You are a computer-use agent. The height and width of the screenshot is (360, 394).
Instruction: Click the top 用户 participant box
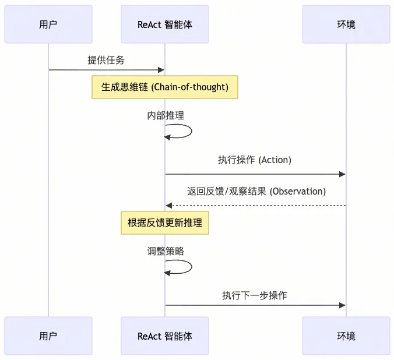coord(48,24)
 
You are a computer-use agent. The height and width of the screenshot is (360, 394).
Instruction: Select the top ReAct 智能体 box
coord(165,24)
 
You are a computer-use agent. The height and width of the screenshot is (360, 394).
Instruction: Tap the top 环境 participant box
coord(346,24)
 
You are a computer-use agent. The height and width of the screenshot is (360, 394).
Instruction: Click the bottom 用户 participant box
coord(48,336)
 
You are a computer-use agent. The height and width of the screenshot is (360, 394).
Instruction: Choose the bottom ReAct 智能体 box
coord(165,336)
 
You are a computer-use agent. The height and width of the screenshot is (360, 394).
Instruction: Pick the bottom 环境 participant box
coord(346,336)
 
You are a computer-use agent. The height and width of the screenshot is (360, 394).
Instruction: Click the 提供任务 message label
coord(106,60)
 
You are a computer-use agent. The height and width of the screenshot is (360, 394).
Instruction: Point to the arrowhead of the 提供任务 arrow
coord(161,70)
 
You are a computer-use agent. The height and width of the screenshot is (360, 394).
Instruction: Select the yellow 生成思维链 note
coord(165,87)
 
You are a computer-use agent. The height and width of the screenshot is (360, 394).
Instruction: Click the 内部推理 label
coord(166,115)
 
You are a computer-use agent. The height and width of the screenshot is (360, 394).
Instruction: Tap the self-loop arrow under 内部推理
coord(192,131)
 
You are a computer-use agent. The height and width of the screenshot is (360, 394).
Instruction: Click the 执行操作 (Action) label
coord(255,160)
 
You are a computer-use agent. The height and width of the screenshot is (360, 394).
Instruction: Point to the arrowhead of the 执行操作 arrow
coord(342,174)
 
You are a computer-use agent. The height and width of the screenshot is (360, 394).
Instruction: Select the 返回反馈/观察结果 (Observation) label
coord(256,191)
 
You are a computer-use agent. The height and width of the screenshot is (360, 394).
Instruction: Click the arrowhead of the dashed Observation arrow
coord(169,206)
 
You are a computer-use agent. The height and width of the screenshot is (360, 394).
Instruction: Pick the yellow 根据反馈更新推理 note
coord(165,223)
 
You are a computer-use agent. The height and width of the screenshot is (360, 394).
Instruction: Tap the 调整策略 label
coord(166,251)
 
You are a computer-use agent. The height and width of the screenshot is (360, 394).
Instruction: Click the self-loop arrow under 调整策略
coord(192,267)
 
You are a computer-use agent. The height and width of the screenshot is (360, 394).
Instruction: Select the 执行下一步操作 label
coord(255,295)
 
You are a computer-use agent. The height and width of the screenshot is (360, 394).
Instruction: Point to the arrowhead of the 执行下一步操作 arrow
coord(342,305)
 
